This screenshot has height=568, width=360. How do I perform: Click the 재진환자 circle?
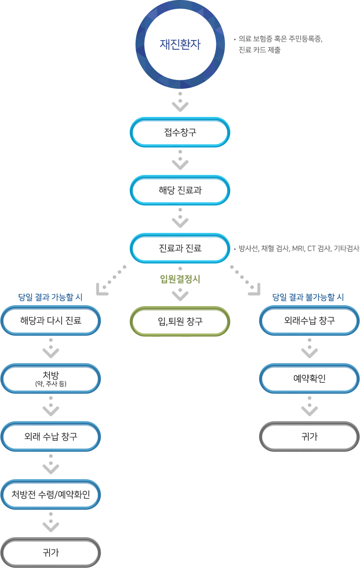point(180,44)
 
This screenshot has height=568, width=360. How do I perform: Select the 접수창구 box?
point(180,133)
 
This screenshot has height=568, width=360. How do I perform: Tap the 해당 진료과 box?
point(180,191)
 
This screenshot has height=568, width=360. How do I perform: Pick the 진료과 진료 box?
point(180,249)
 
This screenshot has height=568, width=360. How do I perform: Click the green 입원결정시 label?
point(180,280)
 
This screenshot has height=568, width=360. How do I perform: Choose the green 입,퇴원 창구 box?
point(180,321)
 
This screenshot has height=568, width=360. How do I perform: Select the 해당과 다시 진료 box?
point(51,320)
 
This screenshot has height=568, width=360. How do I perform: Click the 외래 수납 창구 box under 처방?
point(51,436)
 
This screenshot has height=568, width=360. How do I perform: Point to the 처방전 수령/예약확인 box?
point(51,495)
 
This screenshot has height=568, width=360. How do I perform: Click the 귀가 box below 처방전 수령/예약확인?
point(51,553)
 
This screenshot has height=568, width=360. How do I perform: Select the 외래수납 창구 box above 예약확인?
point(310,320)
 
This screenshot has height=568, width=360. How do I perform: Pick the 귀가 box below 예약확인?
point(310,436)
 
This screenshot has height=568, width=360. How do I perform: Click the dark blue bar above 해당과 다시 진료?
point(50,297)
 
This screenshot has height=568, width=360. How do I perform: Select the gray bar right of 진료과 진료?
point(299,249)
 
